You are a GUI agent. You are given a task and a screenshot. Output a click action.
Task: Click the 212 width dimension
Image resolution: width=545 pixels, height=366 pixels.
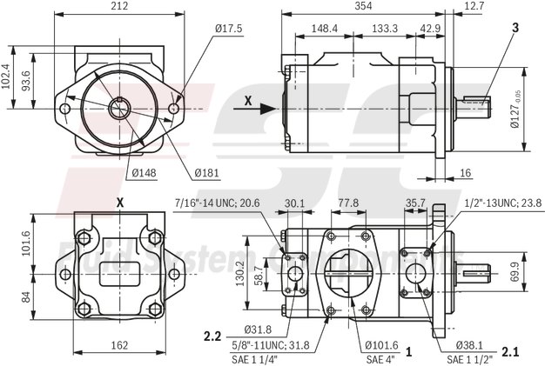coord(122,7)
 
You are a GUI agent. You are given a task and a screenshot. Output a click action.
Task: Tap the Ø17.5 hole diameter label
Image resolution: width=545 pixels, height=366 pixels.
coord(231,29)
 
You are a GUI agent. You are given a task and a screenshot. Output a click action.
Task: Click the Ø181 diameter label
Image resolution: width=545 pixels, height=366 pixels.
coord(205,172)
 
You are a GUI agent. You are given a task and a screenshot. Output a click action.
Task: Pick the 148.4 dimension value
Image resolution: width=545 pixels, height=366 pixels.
coord(324,29)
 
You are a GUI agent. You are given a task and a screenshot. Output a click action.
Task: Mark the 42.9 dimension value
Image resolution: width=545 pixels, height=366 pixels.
coord(430,29)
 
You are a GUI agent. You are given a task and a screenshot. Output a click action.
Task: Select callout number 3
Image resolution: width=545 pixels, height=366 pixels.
coord(515,28)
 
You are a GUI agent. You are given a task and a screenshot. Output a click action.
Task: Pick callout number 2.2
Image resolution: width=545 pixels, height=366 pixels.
coord(212,335)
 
